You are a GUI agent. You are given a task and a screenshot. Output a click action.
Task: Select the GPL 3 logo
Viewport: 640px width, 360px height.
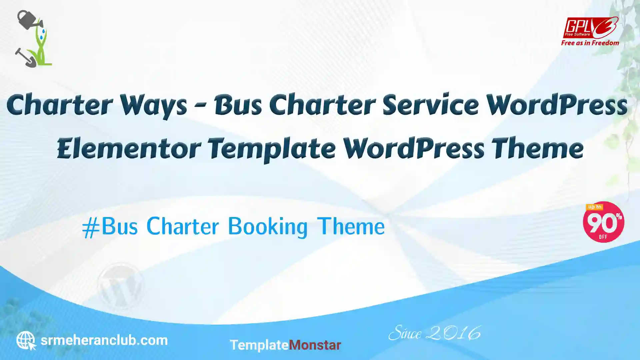pos(591,28)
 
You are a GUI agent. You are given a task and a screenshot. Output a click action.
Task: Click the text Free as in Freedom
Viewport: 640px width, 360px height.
pos(590,43)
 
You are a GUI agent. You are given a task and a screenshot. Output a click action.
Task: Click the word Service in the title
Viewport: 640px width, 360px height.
pos(430,105)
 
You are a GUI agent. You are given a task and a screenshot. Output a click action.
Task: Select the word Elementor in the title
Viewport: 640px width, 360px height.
pos(129,149)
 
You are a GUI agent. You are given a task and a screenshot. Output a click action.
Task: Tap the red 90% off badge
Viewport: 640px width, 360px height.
pos(603,222)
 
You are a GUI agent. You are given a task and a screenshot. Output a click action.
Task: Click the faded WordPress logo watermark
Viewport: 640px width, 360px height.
pos(120,286)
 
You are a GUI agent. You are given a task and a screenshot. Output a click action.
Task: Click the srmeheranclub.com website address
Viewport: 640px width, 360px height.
pos(104,341)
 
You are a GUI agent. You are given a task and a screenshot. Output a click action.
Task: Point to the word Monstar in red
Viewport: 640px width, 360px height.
pos(315,345)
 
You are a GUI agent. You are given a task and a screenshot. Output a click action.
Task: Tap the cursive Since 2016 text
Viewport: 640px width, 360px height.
pos(435,333)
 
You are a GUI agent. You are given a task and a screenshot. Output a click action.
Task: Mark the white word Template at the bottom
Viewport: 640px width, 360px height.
pos(259,345)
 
